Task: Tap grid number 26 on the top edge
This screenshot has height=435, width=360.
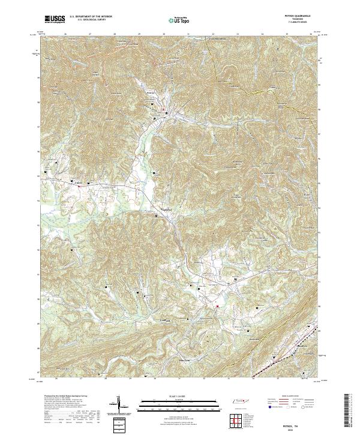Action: pyautogui.click(x=64, y=34)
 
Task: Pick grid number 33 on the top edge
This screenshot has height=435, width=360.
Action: pyautogui.click(x=237, y=34)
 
